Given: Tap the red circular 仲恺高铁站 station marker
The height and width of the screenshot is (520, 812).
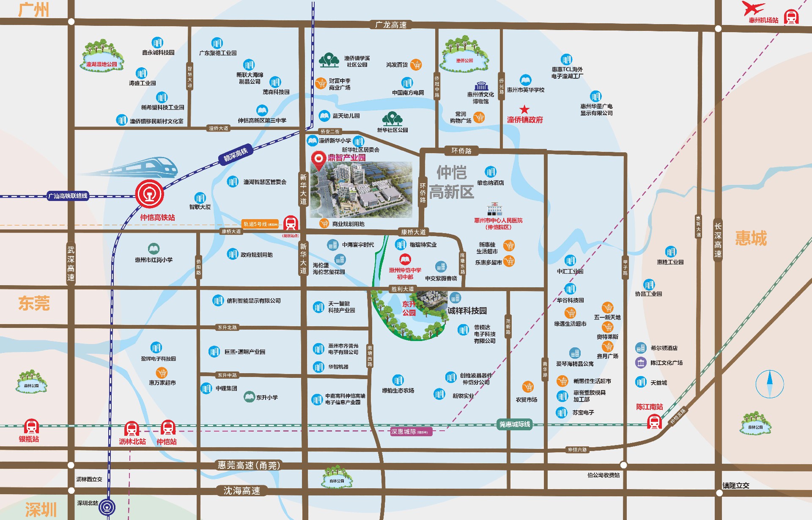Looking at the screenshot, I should pos(149,194).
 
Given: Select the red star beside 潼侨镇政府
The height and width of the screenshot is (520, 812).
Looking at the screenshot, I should pos(524,110).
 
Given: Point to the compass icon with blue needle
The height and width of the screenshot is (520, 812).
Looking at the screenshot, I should pos(769,384).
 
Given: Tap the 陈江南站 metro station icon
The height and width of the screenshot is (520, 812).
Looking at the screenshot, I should pos(654,421).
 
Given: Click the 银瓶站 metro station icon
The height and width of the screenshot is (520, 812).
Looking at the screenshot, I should pos(31,426).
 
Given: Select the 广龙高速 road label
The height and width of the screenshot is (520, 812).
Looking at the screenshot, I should pos(391,25).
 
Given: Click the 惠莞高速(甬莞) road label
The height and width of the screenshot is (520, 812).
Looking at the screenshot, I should pos(249,465).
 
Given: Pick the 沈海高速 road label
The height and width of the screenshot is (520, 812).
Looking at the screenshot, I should pos(242,491).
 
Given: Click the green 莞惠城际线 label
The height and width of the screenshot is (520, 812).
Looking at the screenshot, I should pos(515,424).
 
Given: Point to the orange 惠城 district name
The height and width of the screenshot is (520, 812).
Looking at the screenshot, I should pos(751,238).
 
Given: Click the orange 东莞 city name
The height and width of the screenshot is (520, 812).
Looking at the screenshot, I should pos(34,303).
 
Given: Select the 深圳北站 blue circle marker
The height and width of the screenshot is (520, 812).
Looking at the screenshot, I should pos(107,507).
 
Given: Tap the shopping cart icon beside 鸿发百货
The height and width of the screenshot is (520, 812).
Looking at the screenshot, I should pos(416,65).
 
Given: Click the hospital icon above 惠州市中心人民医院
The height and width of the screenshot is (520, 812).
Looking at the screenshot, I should pos(494,210).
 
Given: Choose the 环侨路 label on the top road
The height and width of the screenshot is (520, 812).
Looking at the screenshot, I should pos(461,151).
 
